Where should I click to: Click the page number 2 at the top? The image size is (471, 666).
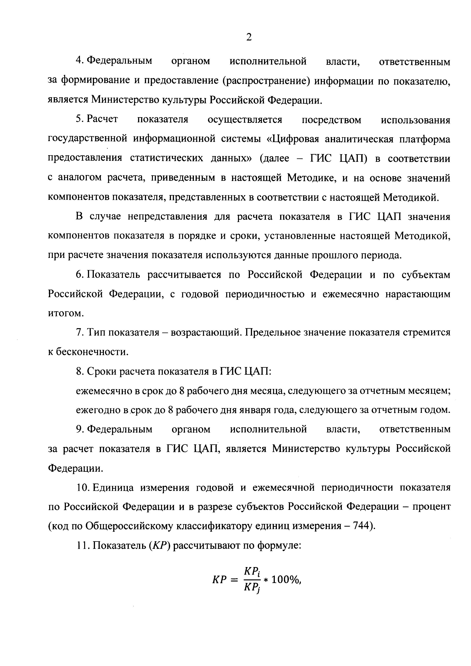coord(249,37)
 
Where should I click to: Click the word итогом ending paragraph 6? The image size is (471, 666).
coord(66,314)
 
